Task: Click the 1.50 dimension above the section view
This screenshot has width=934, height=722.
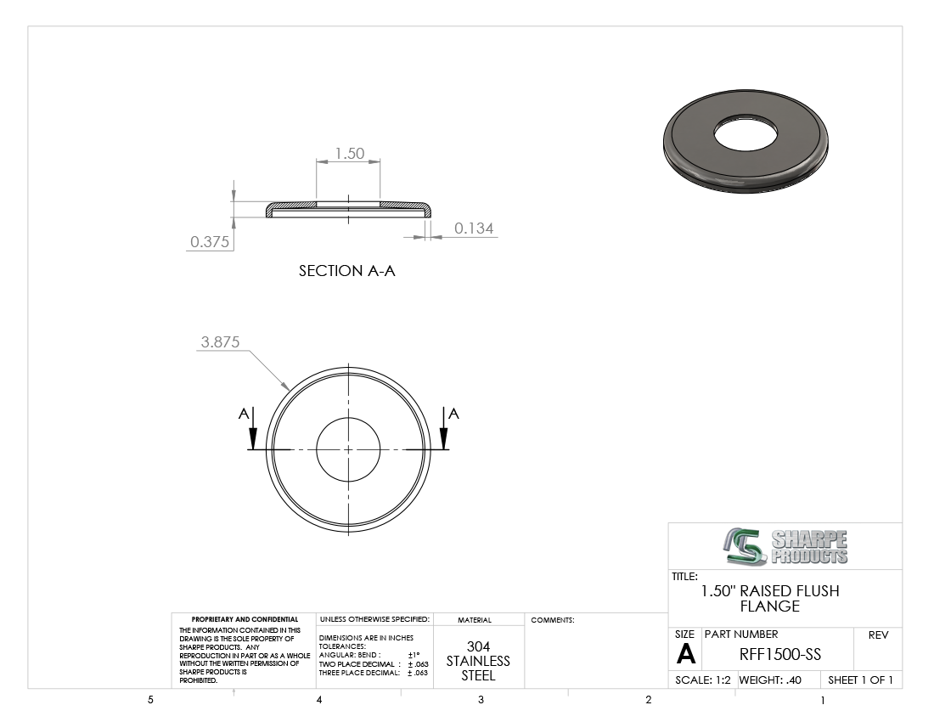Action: pyautogui.click(x=350, y=154)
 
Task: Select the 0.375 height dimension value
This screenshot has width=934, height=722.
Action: pyautogui.click(x=210, y=242)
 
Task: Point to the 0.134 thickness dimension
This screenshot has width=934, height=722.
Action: pyautogui.click(x=474, y=228)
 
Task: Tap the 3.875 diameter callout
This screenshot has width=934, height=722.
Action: pyautogui.click(x=220, y=342)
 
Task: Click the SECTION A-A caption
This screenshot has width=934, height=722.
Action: pyautogui.click(x=346, y=271)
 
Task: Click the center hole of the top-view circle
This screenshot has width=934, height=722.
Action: pyautogui.click(x=348, y=449)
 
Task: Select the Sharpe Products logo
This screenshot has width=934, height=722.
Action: pyautogui.click(x=786, y=546)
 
